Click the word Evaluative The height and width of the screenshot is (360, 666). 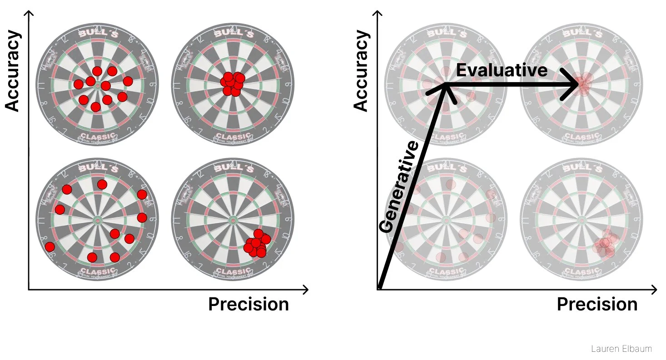(x=502, y=70)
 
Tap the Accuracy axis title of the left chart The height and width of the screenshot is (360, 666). (x=14, y=70)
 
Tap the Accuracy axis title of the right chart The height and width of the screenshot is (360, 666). (x=362, y=70)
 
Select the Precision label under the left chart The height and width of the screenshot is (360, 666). (x=249, y=305)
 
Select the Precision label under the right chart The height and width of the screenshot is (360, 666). (x=597, y=305)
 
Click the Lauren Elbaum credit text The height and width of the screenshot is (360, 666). (x=621, y=349)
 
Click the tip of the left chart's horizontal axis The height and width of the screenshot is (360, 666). (x=307, y=289)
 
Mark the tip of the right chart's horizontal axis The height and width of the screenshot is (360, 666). (x=656, y=289)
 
